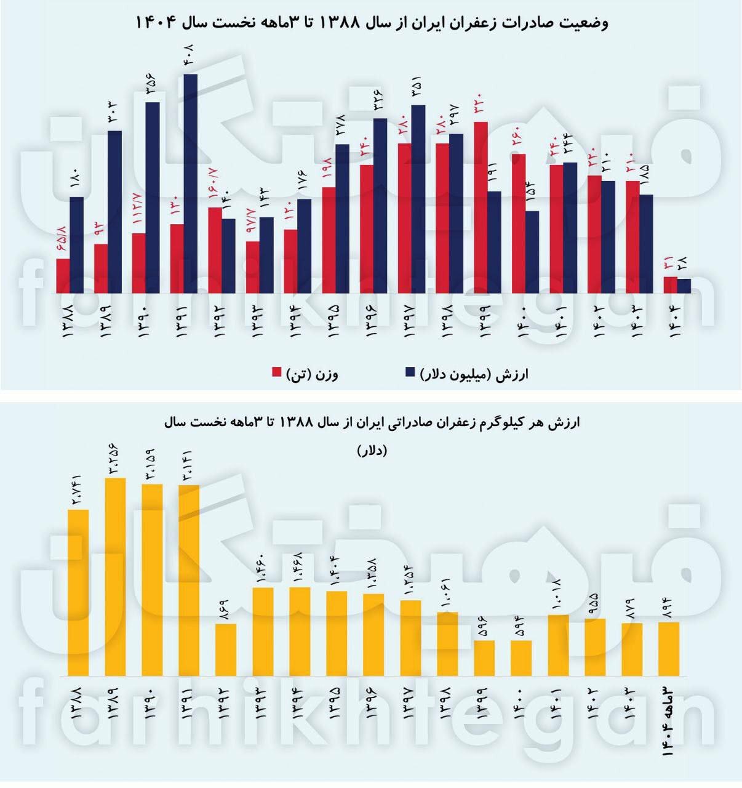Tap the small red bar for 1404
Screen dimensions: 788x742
(670, 285)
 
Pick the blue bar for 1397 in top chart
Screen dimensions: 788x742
(418, 199)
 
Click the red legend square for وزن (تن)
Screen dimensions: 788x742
(277, 372)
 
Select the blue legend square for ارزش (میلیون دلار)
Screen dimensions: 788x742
(410, 372)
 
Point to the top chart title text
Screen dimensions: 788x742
(372, 23)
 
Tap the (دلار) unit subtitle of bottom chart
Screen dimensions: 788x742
(372, 451)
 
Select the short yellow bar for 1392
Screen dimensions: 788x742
(226, 649)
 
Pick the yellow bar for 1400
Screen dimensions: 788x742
(521, 658)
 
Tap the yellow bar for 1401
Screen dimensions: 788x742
(558, 645)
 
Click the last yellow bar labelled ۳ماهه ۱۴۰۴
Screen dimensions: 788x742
(669, 649)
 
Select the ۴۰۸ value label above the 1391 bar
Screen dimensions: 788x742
(189, 55)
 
